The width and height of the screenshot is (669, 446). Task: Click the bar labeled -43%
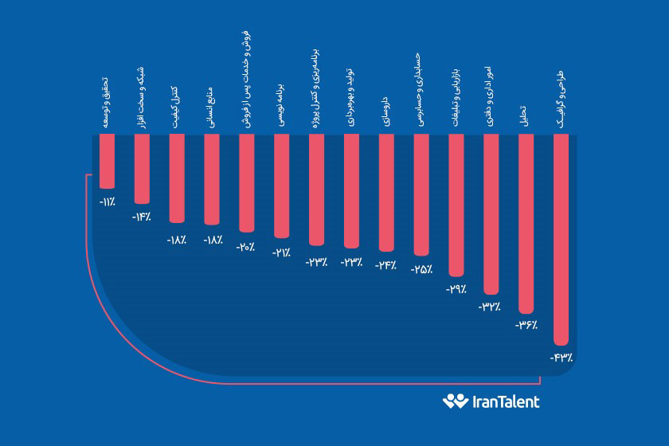click(x=561, y=239)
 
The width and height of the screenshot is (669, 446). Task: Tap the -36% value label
click(x=525, y=326)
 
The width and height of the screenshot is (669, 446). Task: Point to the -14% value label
click(x=142, y=217)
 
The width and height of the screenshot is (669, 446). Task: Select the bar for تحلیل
click(x=526, y=223)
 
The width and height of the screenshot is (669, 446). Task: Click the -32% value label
click(x=491, y=306)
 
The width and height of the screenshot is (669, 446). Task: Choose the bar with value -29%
click(x=456, y=205)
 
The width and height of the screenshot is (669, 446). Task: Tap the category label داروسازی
click(x=386, y=103)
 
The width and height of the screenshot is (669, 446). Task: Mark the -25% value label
click(x=421, y=269)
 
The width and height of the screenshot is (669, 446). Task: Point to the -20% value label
click(x=246, y=247)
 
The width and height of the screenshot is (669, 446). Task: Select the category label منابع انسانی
click(x=211, y=101)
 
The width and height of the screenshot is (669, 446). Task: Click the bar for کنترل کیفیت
click(x=177, y=178)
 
